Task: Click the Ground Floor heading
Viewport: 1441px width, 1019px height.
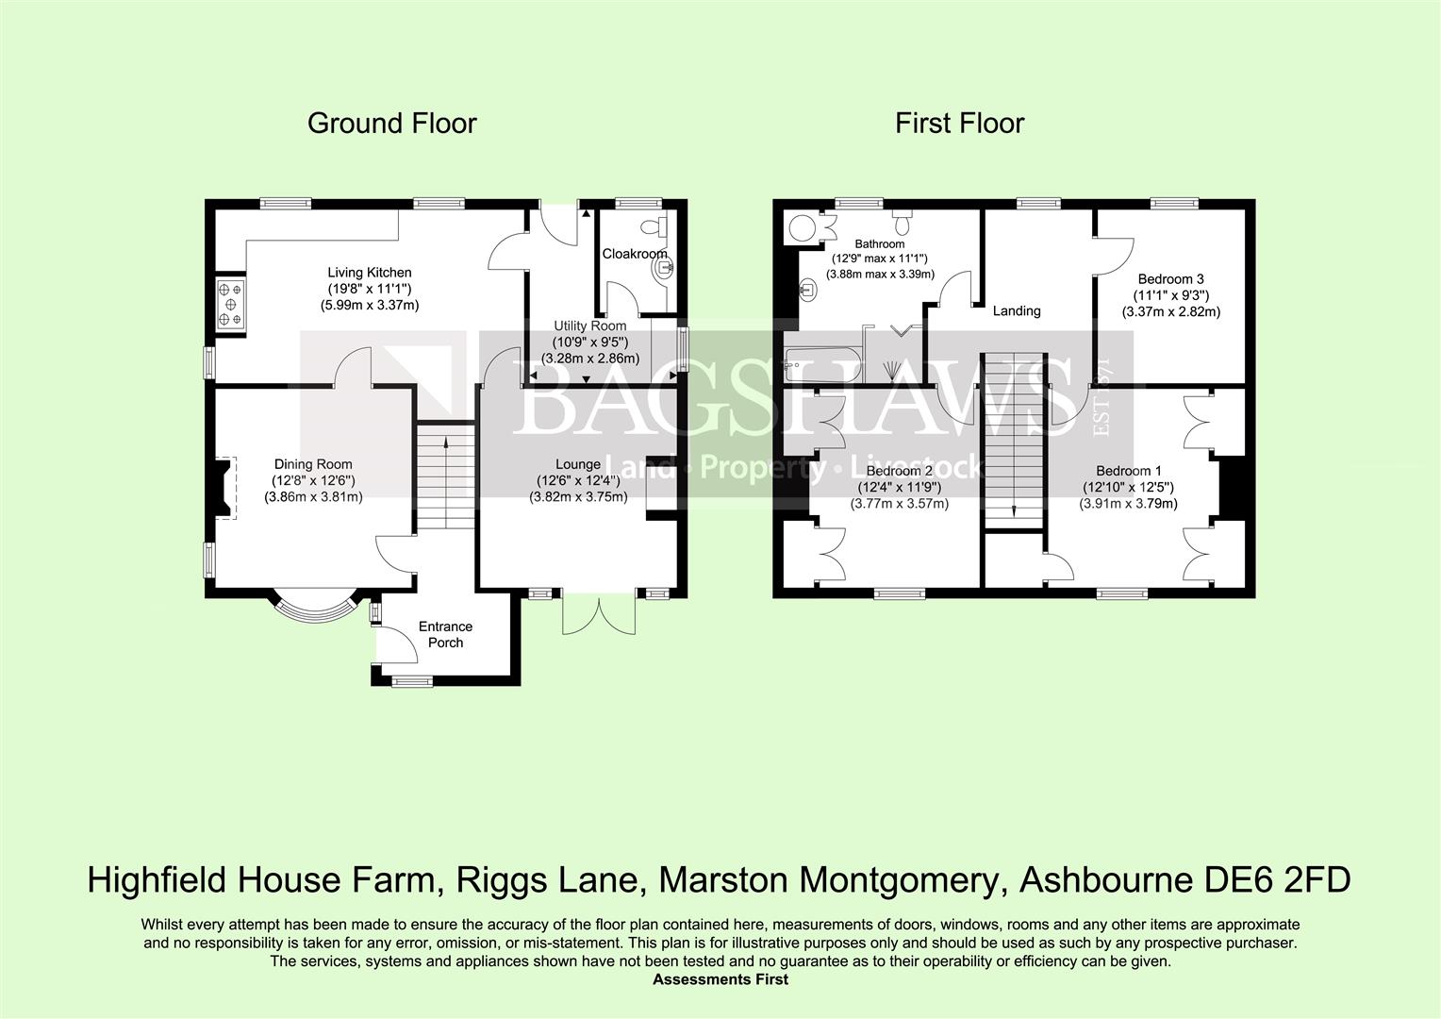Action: pyautogui.click(x=391, y=124)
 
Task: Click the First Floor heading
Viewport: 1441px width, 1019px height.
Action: pyautogui.click(x=959, y=124)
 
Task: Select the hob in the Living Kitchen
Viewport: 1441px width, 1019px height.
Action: pyautogui.click(x=229, y=306)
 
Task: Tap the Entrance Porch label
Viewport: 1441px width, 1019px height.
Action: pyautogui.click(x=445, y=634)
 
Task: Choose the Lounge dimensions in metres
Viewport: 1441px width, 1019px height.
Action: pyautogui.click(x=578, y=497)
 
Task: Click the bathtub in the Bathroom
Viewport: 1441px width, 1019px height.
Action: pyautogui.click(x=823, y=365)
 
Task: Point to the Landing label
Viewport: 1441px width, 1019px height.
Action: pyautogui.click(x=1016, y=310)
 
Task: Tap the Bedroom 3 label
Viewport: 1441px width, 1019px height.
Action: pyautogui.click(x=1170, y=279)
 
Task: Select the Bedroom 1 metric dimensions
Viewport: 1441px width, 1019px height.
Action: pyautogui.click(x=1128, y=504)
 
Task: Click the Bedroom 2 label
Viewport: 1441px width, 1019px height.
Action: pyautogui.click(x=899, y=471)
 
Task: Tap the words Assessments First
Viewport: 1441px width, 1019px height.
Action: pyautogui.click(x=720, y=979)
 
